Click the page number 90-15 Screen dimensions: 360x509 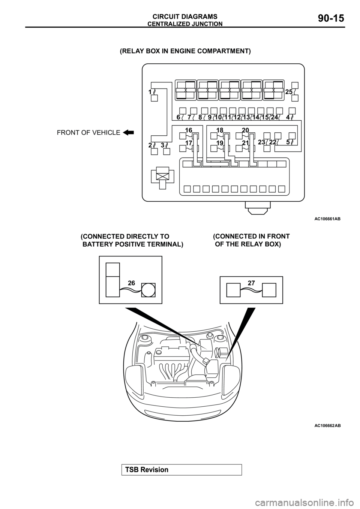pos(331,18)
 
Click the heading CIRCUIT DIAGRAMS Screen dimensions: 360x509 pos(185,16)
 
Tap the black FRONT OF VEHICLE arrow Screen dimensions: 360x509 pos(128,132)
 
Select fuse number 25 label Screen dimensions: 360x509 pos(289,92)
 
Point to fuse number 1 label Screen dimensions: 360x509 pos(150,92)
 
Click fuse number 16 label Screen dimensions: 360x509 pos(189,130)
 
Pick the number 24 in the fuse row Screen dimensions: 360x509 pos(274,117)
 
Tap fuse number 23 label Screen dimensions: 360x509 pos(262,142)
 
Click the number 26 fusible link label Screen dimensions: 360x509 pos(131,283)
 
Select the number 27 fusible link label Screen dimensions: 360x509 pos(251,283)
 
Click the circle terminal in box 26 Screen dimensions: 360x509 pos(148,290)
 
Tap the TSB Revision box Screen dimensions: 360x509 pos(181,470)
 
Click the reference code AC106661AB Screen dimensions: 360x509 pos(327,219)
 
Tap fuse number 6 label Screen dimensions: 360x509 pos(178,117)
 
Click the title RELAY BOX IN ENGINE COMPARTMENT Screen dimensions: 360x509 pos(185,51)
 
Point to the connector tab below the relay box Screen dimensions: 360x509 pos(258,208)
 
